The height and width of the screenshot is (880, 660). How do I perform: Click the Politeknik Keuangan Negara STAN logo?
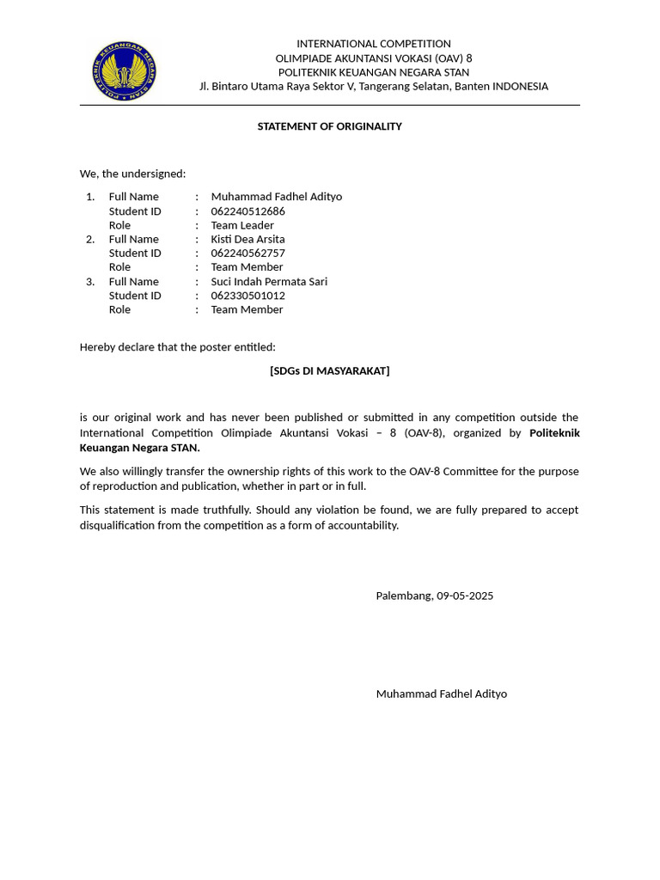pyautogui.click(x=125, y=71)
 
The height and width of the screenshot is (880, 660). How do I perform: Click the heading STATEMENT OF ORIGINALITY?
pyautogui.click(x=329, y=126)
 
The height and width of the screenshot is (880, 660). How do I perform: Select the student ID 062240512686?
pyautogui.click(x=247, y=211)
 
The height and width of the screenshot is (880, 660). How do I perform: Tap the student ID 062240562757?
pyautogui.click(x=247, y=253)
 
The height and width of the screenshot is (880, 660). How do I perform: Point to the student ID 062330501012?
pyautogui.click(x=247, y=295)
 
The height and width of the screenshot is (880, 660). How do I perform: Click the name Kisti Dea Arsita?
pyautogui.click(x=247, y=239)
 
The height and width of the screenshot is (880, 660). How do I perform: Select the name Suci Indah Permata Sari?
pyautogui.click(x=269, y=281)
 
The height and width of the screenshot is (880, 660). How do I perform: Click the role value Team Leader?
pyautogui.click(x=242, y=225)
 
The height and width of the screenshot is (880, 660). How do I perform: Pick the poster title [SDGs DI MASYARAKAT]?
pyautogui.click(x=329, y=370)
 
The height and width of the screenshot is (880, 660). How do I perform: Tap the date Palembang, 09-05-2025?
pyautogui.click(x=434, y=596)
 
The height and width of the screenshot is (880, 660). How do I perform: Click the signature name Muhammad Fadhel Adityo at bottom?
pyautogui.click(x=441, y=694)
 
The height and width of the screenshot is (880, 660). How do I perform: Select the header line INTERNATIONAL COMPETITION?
pyautogui.click(x=373, y=44)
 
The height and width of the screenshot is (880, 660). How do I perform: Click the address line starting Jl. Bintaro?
pyautogui.click(x=373, y=86)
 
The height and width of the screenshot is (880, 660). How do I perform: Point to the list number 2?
pyautogui.click(x=90, y=239)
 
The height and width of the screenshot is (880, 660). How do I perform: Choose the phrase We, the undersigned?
pyautogui.click(x=132, y=174)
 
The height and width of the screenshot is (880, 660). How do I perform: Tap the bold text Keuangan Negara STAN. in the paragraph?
pyautogui.click(x=140, y=448)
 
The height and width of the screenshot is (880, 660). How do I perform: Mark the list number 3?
pyautogui.click(x=90, y=281)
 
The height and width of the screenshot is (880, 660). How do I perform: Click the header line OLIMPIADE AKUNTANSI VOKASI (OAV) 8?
pyautogui.click(x=373, y=58)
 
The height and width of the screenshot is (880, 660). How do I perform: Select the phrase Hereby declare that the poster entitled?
pyautogui.click(x=178, y=347)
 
